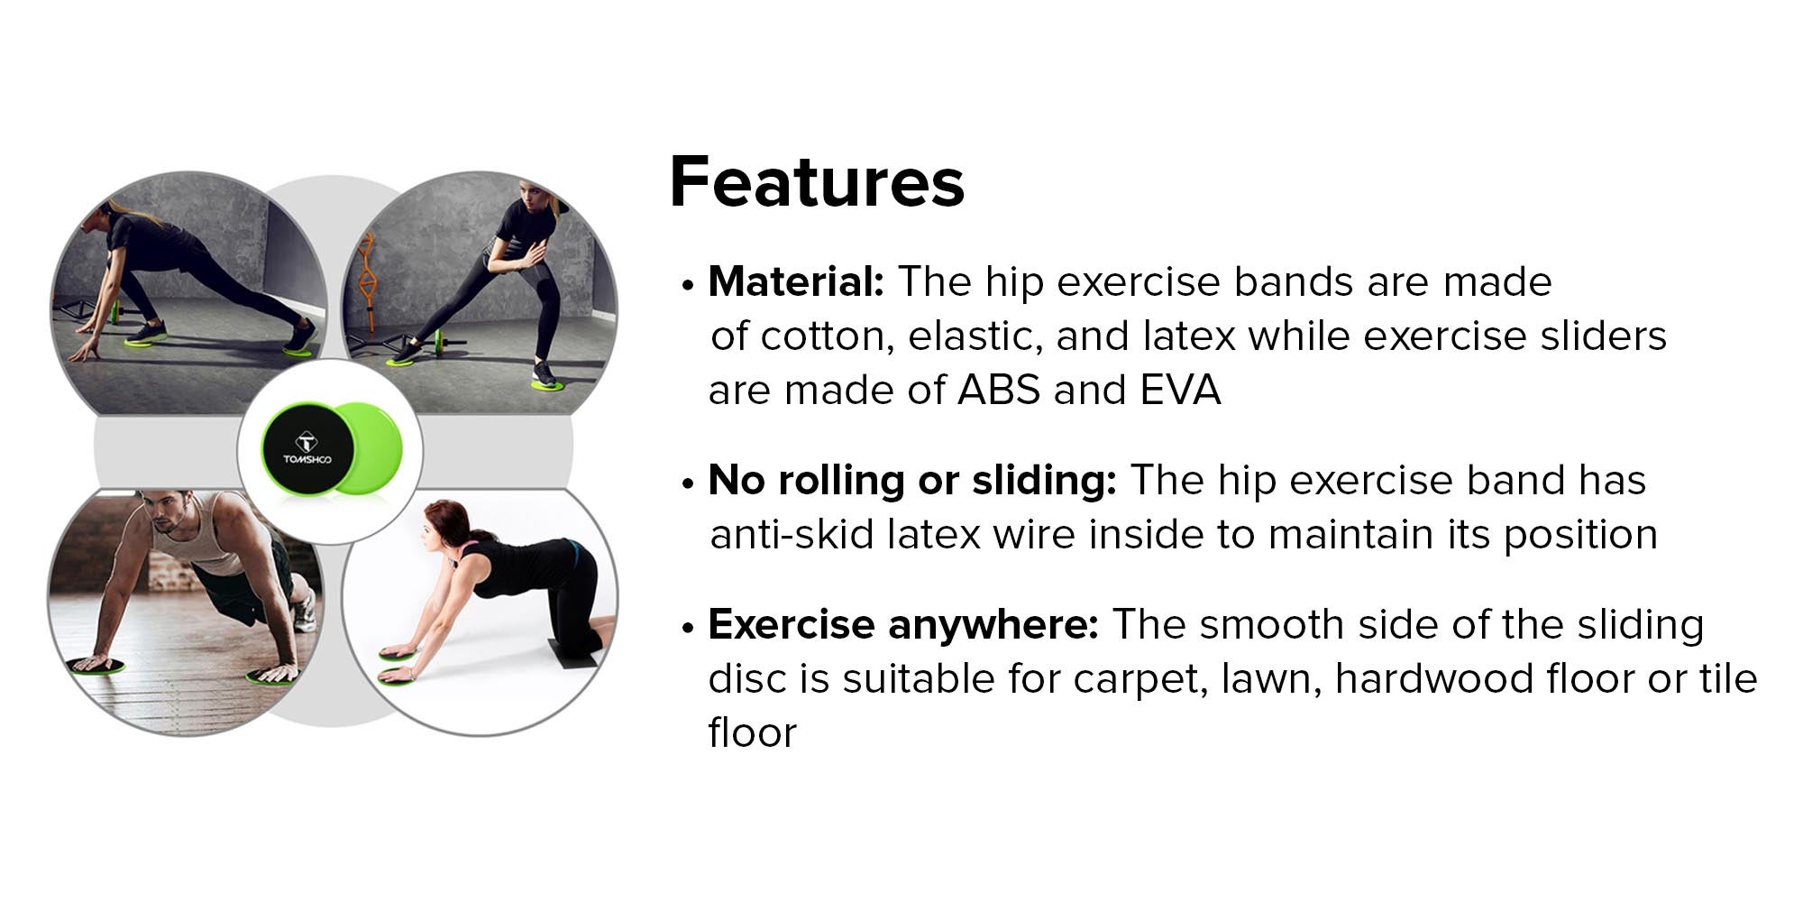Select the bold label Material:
[x=796, y=281]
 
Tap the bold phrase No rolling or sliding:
[x=912, y=481]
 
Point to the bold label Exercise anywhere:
[x=903, y=624]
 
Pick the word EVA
[x=1180, y=391]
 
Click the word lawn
[x=1271, y=679]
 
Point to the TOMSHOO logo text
[x=307, y=460]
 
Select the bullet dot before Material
[x=689, y=286]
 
